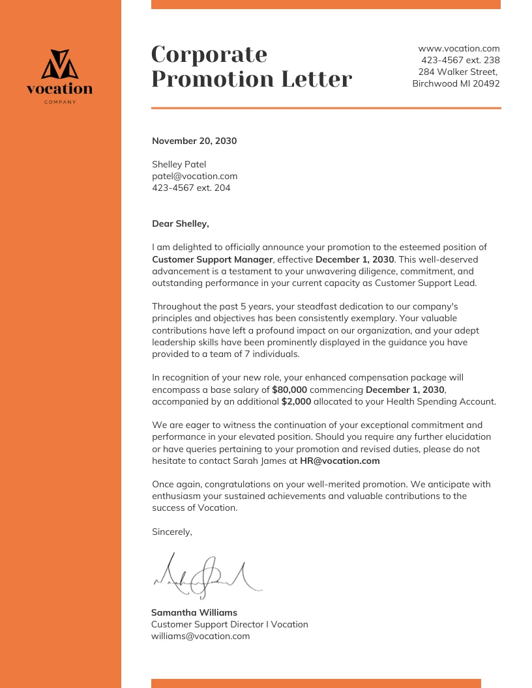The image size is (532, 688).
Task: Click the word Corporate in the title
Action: [x=209, y=54]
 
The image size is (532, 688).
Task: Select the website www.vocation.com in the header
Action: [x=458, y=48]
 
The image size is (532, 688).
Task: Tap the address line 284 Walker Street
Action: [x=458, y=72]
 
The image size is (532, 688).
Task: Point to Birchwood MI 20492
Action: [x=456, y=83]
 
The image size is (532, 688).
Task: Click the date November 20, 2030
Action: [x=194, y=141]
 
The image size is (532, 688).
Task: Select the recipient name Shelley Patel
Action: [x=179, y=164]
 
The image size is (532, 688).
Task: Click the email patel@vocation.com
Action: [x=194, y=176]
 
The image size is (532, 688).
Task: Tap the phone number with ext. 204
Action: [x=191, y=188]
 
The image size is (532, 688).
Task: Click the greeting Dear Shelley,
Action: [x=181, y=223]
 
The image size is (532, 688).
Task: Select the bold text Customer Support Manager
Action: [x=212, y=259]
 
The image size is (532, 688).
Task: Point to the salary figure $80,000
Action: [x=289, y=390]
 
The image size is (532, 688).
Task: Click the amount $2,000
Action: [x=296, y=401]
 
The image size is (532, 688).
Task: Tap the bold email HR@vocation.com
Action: [x=340, y=461]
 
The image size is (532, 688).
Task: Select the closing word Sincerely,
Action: [x=172, y=532]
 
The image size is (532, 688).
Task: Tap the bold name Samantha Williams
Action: [x=194, y=612]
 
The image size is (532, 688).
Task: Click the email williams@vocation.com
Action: [x=200, y=636]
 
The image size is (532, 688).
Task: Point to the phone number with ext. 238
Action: [x=460, y=60]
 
